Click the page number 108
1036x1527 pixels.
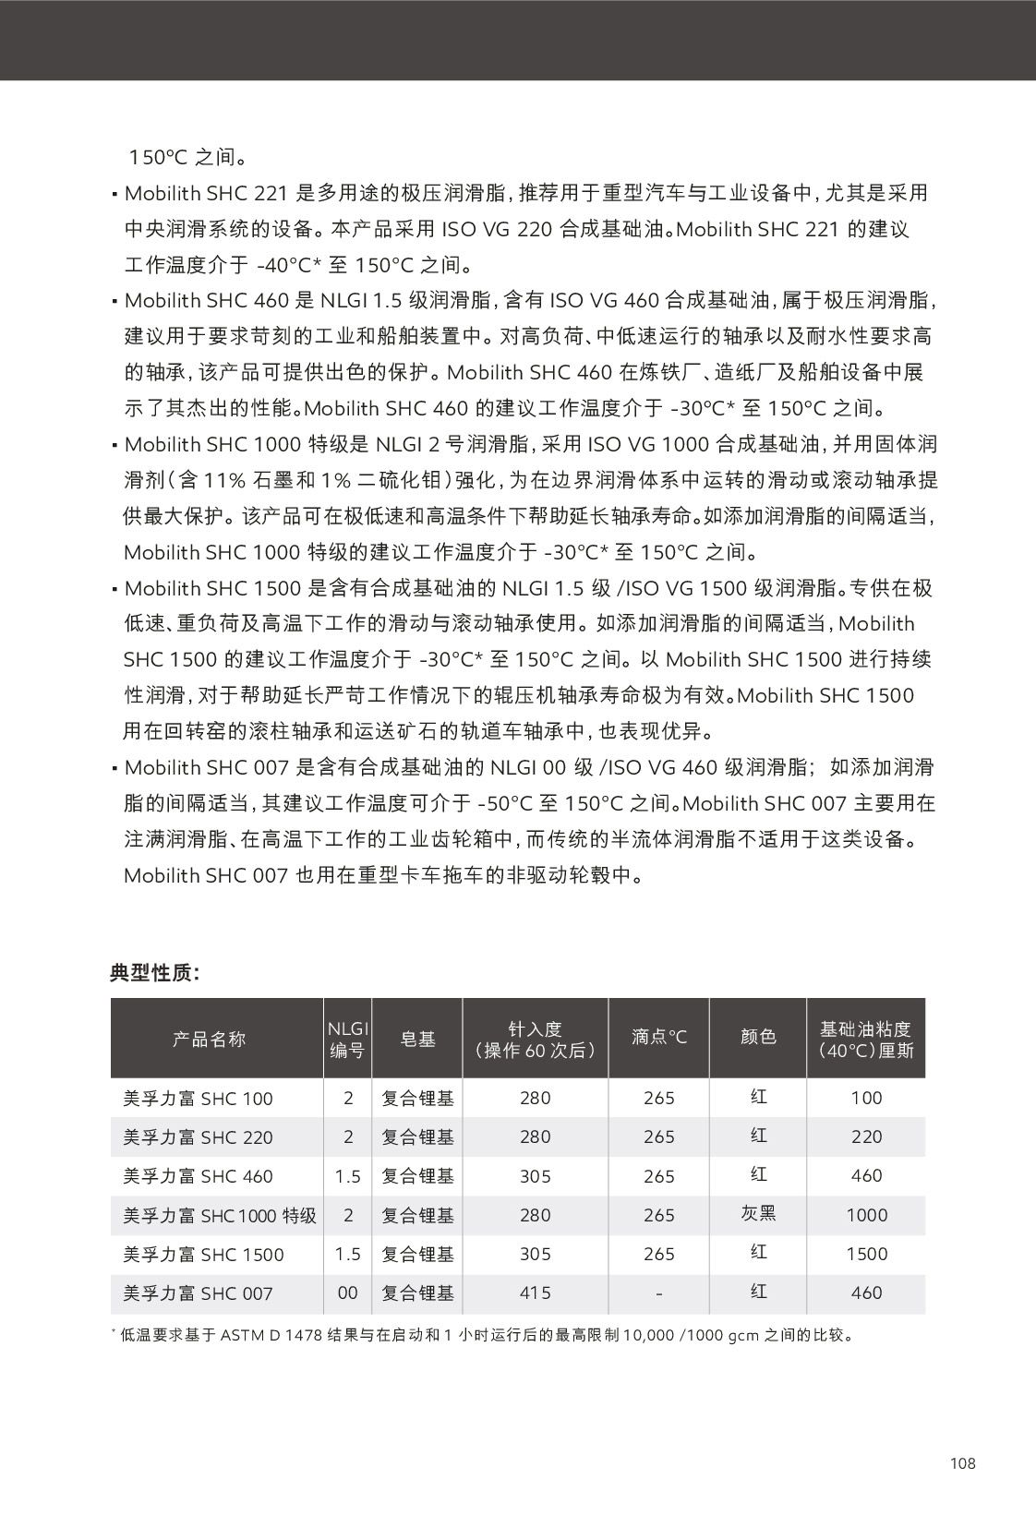(962, 1462)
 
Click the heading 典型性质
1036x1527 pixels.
(154, 973)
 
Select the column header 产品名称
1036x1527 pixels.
(210, 1039)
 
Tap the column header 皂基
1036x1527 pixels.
(417, 1039)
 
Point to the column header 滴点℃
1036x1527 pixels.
(659, 1037)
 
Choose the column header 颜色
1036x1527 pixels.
(758, 1037)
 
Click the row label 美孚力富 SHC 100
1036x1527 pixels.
(199, 1099)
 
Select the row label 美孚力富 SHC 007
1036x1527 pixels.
(199, 1293)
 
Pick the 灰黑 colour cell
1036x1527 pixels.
(758, 1213)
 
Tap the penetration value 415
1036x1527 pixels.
(535, 1293)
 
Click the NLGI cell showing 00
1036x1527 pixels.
(347, 1293)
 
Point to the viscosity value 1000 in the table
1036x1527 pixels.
(866, 1216)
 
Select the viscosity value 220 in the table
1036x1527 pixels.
(866, 1137)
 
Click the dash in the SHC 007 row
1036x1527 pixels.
(658, 1294)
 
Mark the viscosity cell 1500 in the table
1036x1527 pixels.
(866, 1255)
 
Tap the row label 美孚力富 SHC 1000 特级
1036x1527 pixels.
(220, 1216)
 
